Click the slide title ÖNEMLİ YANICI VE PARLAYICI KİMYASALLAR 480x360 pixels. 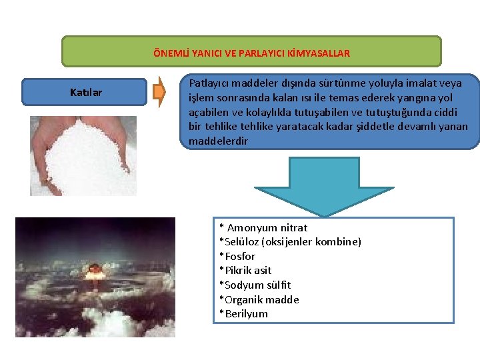click(x=251, y=53)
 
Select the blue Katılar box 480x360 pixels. click(x=85, y=93)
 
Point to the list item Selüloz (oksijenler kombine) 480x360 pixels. click(x=291, y=242)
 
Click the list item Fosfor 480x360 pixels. click(x=239, y=257)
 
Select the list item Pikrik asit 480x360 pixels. click(x=246, y=271)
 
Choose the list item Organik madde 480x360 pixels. click(x=260, y=299)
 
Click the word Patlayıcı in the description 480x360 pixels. click(x=209, y=83)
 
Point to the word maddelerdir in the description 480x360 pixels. click(x=218, y=141)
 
